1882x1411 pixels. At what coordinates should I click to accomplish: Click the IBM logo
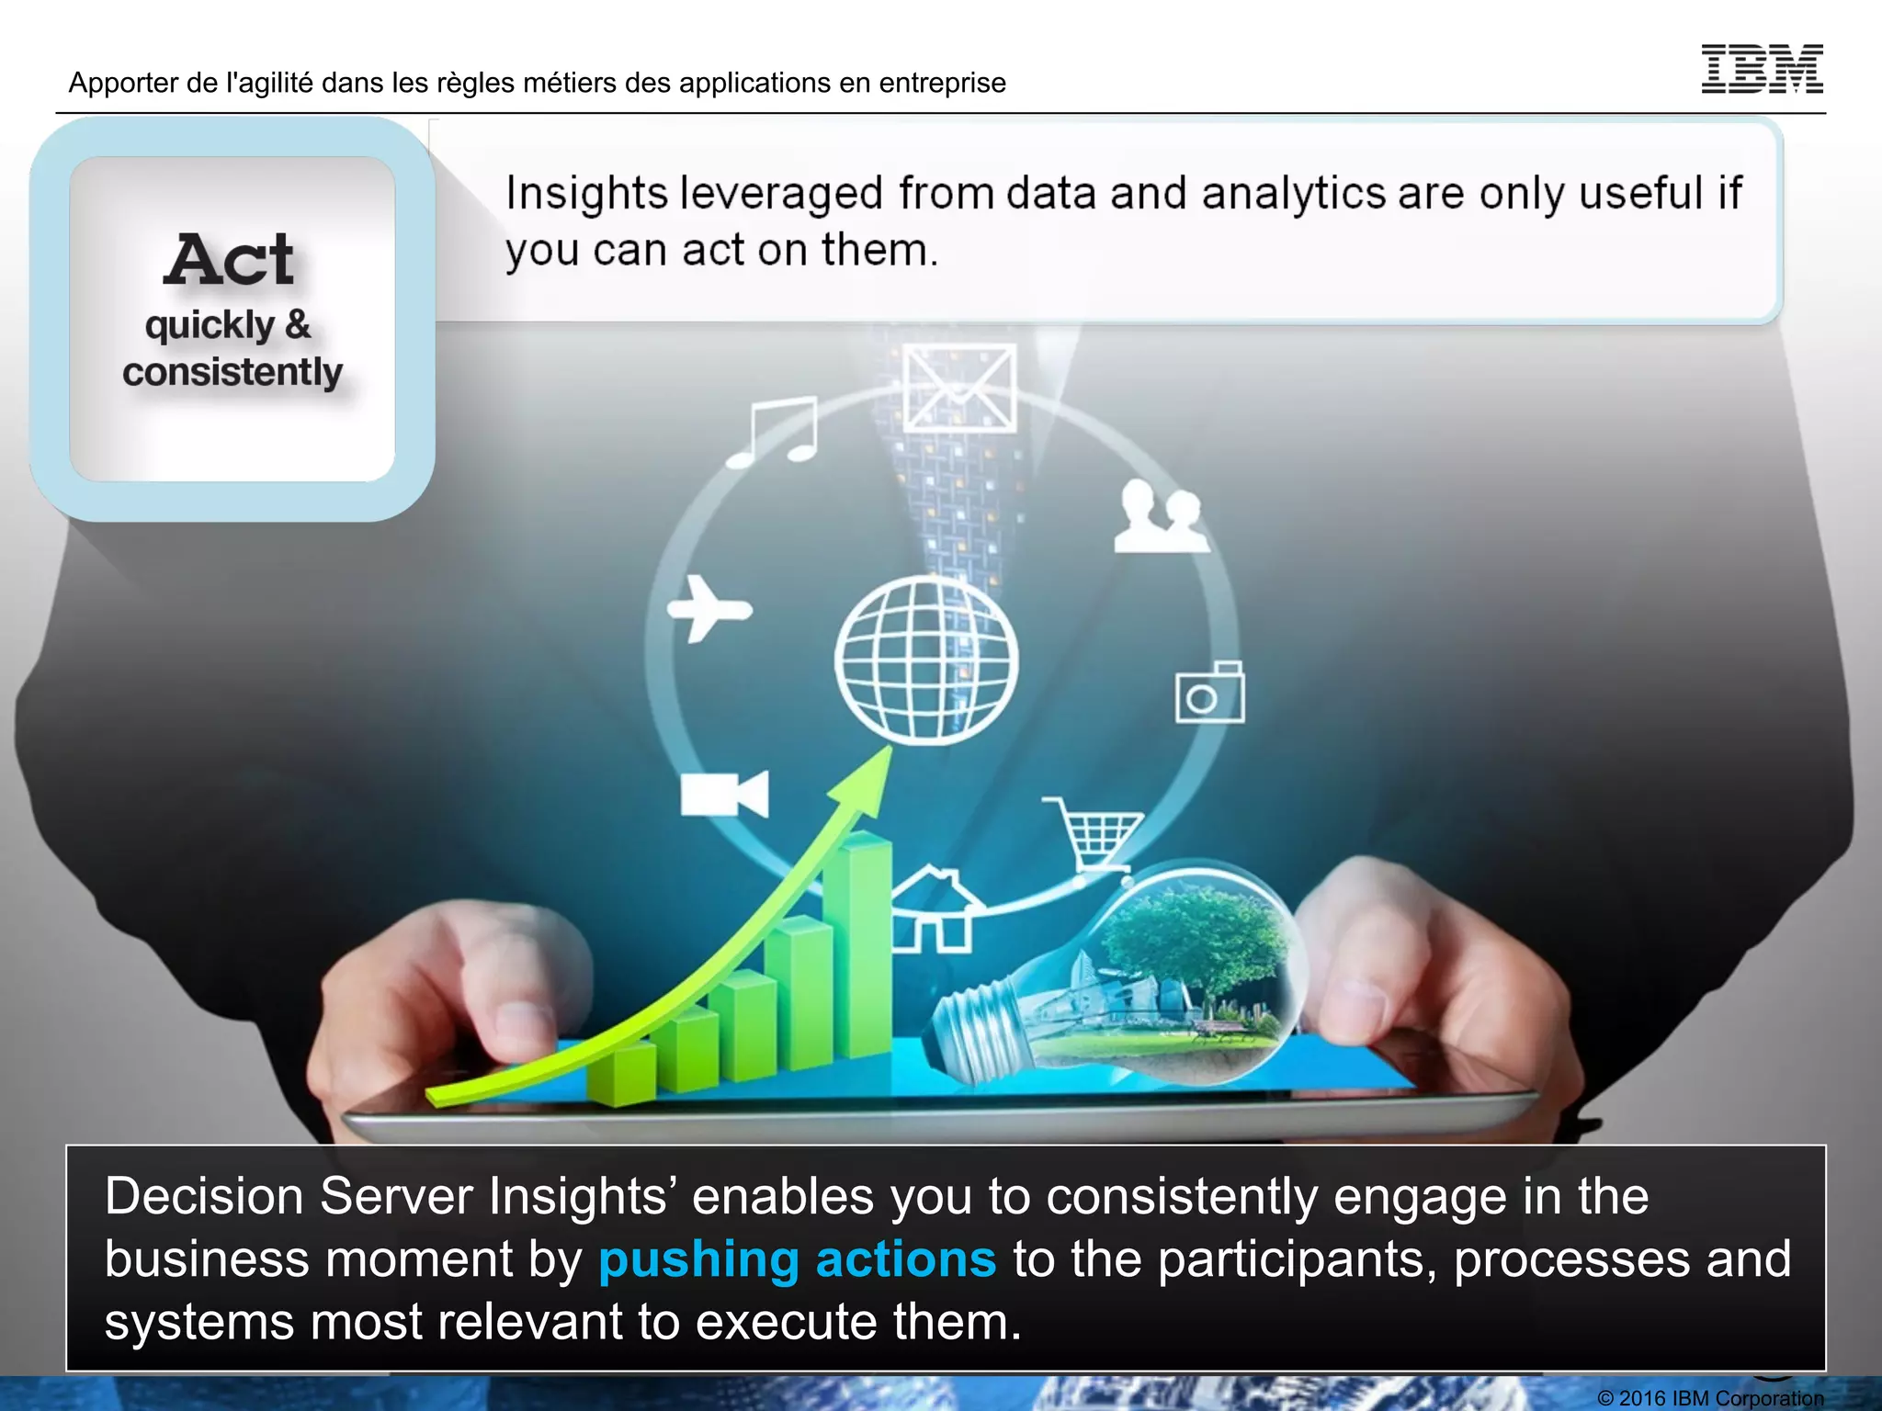(1762, 69)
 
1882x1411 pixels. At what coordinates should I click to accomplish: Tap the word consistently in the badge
(232, 372)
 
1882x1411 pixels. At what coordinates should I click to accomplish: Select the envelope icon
(959, 388)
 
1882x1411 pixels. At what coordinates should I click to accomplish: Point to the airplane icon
(708, 608)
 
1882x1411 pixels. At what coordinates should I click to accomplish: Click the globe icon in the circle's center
(926, 659)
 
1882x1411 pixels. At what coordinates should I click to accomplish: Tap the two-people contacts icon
(1161, 517)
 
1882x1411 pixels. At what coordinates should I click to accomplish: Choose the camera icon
(1209, 694)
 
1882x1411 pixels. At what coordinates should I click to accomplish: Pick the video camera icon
(723, 794)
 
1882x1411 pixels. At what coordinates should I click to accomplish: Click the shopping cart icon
(1094, 833)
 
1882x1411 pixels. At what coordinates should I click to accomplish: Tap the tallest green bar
(856, 946)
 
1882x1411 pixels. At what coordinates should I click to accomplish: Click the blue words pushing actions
(797, 1259)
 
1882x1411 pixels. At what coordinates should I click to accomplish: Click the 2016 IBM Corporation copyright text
(1710, 1398)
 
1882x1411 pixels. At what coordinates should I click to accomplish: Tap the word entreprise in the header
(942, 83)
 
